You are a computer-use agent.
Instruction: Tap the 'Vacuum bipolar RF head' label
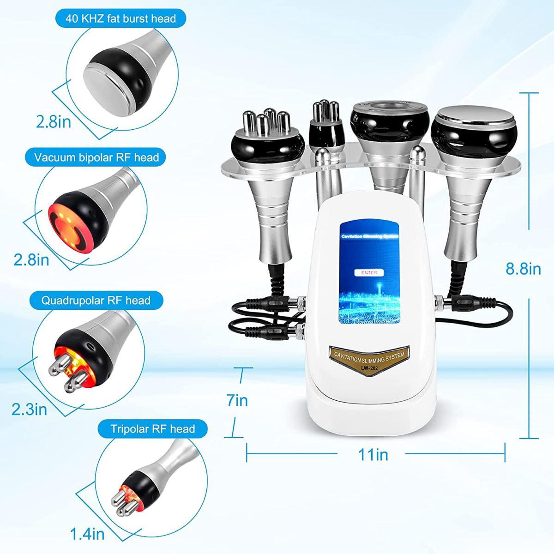point(96,157)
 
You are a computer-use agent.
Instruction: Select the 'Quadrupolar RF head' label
point(96,301)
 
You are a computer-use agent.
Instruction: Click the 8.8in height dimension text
point(523,269)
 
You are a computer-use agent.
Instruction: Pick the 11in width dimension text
point(373,455)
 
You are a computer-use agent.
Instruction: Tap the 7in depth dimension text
point(238,400)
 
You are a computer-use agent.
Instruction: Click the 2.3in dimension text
point(30,409)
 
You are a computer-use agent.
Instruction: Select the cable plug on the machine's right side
point(457,303)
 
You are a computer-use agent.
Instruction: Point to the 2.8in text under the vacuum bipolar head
point(31,259)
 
